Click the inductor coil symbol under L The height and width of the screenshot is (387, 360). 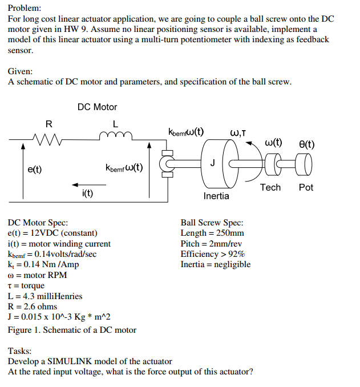[116, 135]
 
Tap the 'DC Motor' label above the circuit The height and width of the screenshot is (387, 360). [97, 107]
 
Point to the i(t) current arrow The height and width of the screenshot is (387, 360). [88, 184]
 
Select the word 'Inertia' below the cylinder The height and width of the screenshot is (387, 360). [216, 196]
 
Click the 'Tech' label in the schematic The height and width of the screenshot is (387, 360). [270, 187]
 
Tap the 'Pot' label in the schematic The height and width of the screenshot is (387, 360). [306, 187]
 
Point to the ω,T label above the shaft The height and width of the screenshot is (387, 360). [238, 134]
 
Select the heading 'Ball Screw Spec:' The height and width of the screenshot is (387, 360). [212, 223]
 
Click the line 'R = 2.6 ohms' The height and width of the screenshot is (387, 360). [33, 307]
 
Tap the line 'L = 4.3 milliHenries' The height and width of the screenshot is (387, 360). [45, 296]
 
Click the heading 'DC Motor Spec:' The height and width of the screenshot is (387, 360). [38, 223]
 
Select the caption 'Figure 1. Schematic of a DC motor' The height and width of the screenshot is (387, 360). [72, 330]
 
